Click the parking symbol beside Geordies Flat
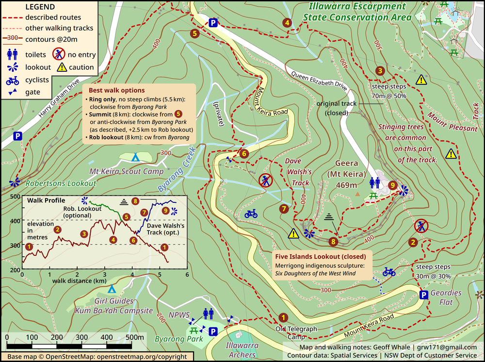[423, 295]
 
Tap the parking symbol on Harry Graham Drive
[17, 136]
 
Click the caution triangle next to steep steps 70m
[421, 80]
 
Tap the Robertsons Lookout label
[54, 183]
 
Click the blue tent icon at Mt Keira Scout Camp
[136, 157]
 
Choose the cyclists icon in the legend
[13, 80]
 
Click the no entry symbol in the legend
[59, 54]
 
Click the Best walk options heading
[116, 90]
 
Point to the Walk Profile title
[47, 200]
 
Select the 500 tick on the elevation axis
[15, 197]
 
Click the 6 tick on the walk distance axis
[187, 275]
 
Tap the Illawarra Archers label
[242, 349]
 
